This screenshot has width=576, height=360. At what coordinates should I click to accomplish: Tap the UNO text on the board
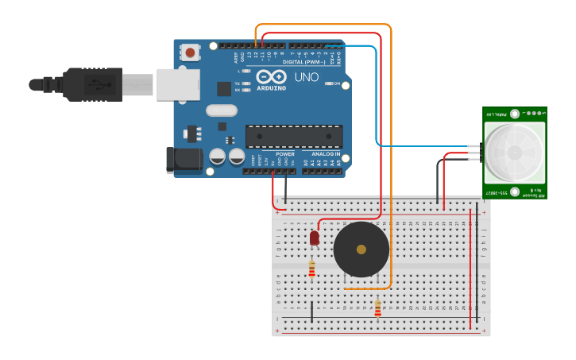tap(307, 78)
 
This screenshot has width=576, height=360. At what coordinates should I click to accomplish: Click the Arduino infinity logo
tap(271, 77)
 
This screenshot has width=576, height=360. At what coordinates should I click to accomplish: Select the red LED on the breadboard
tap(315, 237)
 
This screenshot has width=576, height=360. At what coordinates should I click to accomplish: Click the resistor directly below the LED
tap(311, 269)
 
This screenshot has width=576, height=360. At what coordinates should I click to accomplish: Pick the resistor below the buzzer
tap(377, 308)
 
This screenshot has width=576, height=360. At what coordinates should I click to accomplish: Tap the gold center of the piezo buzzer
tap(361, 250)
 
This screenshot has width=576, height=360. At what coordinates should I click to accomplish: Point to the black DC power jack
tap(184, 159)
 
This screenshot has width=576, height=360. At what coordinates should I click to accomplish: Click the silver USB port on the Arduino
tap(177, 84)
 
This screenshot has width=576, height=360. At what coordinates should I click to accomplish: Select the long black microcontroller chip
tap(294, 137)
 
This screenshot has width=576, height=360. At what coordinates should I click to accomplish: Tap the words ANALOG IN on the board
tap(326, 153)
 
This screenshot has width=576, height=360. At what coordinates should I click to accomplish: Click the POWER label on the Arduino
tap(285, 153)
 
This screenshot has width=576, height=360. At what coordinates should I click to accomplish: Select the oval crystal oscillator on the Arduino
tap(221, 110)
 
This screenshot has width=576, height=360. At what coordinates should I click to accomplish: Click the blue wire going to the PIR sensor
tap(376, 103)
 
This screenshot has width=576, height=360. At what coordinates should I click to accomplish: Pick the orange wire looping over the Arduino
tap(391, 159)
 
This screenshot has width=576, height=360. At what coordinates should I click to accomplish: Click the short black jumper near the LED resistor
tap(311, 311)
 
